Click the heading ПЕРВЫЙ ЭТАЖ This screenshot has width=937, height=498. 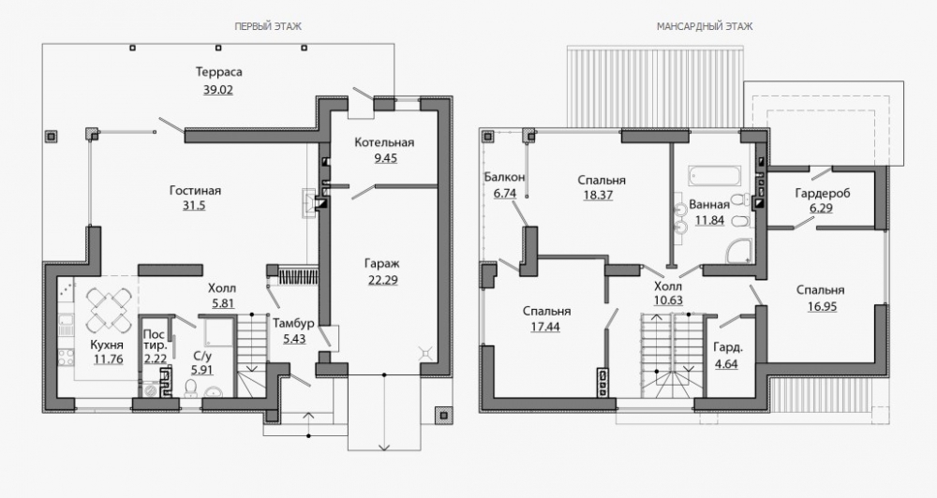(268, 26)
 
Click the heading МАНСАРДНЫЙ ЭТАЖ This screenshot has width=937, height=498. (705, 26)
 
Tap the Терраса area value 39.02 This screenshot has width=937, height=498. (218, 90)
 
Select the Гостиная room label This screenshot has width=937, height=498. (195, 190)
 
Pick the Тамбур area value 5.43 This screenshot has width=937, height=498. (293, 338)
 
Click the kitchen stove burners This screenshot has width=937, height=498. (66, 358)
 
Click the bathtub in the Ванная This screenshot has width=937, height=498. (715, 176)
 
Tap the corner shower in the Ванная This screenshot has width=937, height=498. (739, 252)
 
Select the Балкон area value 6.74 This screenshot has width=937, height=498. (504, 193)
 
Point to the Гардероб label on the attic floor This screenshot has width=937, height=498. (823, 193)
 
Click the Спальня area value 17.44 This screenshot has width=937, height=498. (545, 327)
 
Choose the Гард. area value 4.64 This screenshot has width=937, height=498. (726, 362)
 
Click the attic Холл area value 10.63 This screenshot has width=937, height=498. (668, 300)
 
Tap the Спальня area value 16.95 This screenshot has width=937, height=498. (822, 306)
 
